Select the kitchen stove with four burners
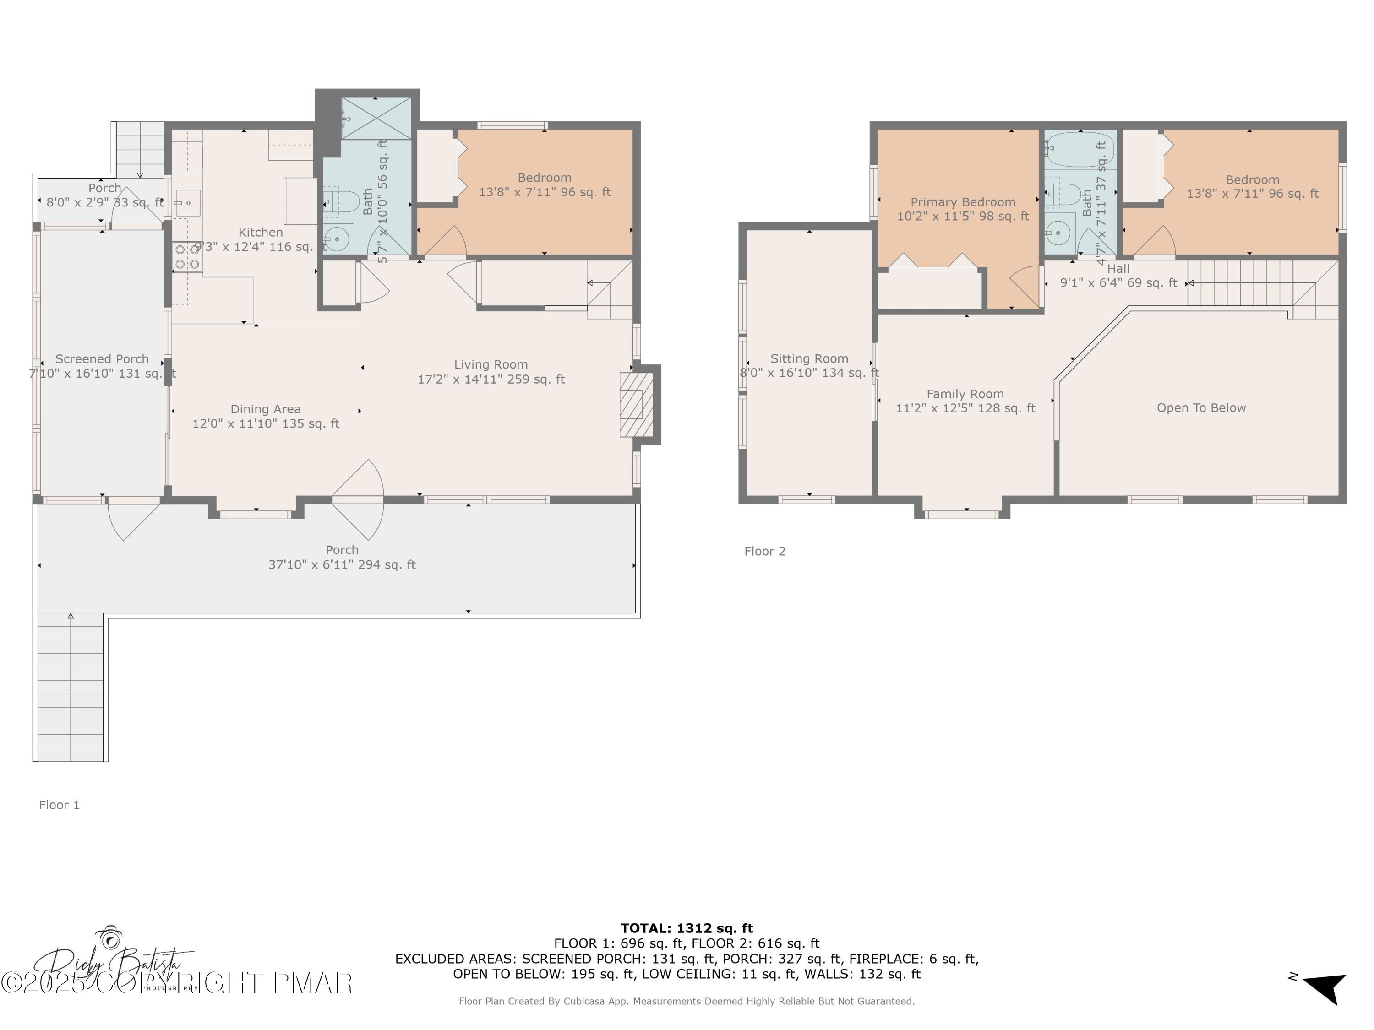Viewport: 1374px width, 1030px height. coord(187,257)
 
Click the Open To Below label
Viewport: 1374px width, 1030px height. coord(1201,408)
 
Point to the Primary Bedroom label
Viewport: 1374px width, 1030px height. coord(963,202)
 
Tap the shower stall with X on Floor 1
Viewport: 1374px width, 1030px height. coord(376,119)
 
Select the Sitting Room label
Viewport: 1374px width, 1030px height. coord(809,359)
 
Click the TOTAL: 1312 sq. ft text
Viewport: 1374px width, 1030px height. coord(687,928)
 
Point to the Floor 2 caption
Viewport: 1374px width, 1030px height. coord(765,551)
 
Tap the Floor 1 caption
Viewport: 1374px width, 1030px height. coord(59,805)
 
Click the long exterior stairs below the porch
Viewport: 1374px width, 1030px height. coord(70,687)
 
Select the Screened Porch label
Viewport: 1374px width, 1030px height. coord(102,359)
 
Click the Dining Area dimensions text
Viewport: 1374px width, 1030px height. coord(266,424)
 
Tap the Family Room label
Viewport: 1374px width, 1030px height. coord(965,394)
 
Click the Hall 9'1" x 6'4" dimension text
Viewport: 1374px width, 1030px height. coord(1118,283)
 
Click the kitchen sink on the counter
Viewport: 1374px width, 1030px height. coord(186,203)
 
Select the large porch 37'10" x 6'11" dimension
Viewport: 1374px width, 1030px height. coord(342,565)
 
